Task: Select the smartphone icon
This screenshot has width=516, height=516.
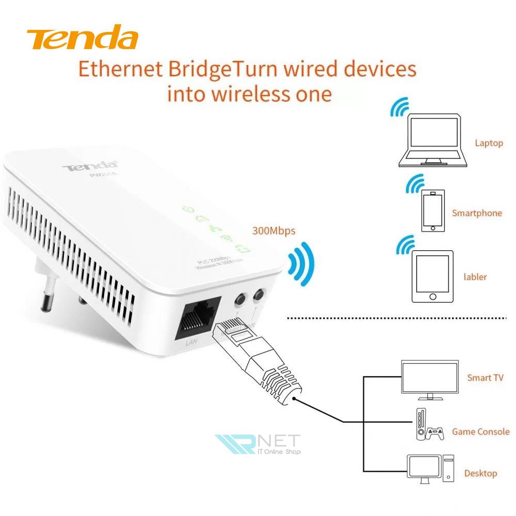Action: (432, 212)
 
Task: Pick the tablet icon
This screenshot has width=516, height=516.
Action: (432, 277)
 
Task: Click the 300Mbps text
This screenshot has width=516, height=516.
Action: (273, 231)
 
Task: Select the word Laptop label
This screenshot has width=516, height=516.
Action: (489, 143)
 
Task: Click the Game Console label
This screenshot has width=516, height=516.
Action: (480, 431)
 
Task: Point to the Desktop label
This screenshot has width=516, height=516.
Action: (480, 473)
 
